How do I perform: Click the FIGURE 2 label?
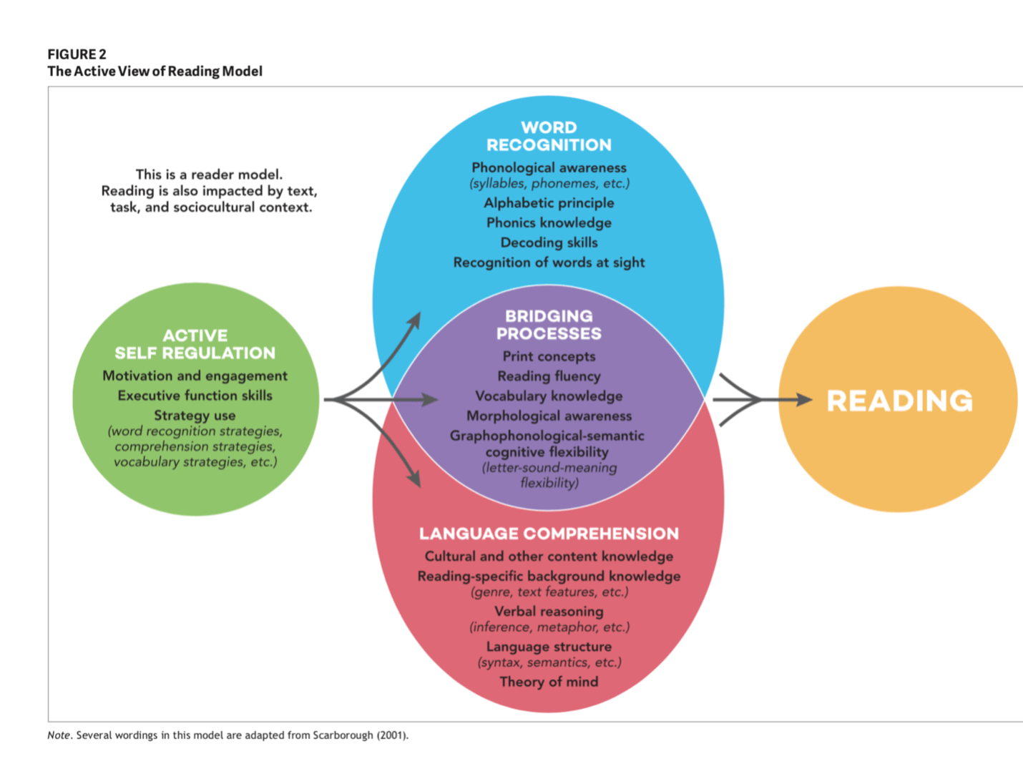point(77,54)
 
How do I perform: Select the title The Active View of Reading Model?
point(155,72)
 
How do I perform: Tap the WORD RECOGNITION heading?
point(549,136)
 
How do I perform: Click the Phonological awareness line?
point(549,167)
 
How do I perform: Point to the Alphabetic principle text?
point(549,203)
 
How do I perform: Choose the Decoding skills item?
point(549,242)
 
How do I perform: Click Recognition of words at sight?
point(549,263)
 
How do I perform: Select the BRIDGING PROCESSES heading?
point(549,325)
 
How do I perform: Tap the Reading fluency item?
point(549,376)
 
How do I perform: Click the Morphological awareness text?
point(549,416)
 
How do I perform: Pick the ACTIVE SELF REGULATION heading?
point(195,344)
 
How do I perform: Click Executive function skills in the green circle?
point(195,396)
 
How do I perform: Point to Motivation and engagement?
point(195,376)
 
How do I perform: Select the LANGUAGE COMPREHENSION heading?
point(549,534)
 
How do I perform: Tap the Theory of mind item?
point(549,682)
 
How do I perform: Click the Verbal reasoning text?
point(549,612)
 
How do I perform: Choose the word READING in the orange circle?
point(899,401)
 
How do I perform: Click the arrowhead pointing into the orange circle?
point(804,400)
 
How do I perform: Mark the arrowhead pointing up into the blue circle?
point(414,319)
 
